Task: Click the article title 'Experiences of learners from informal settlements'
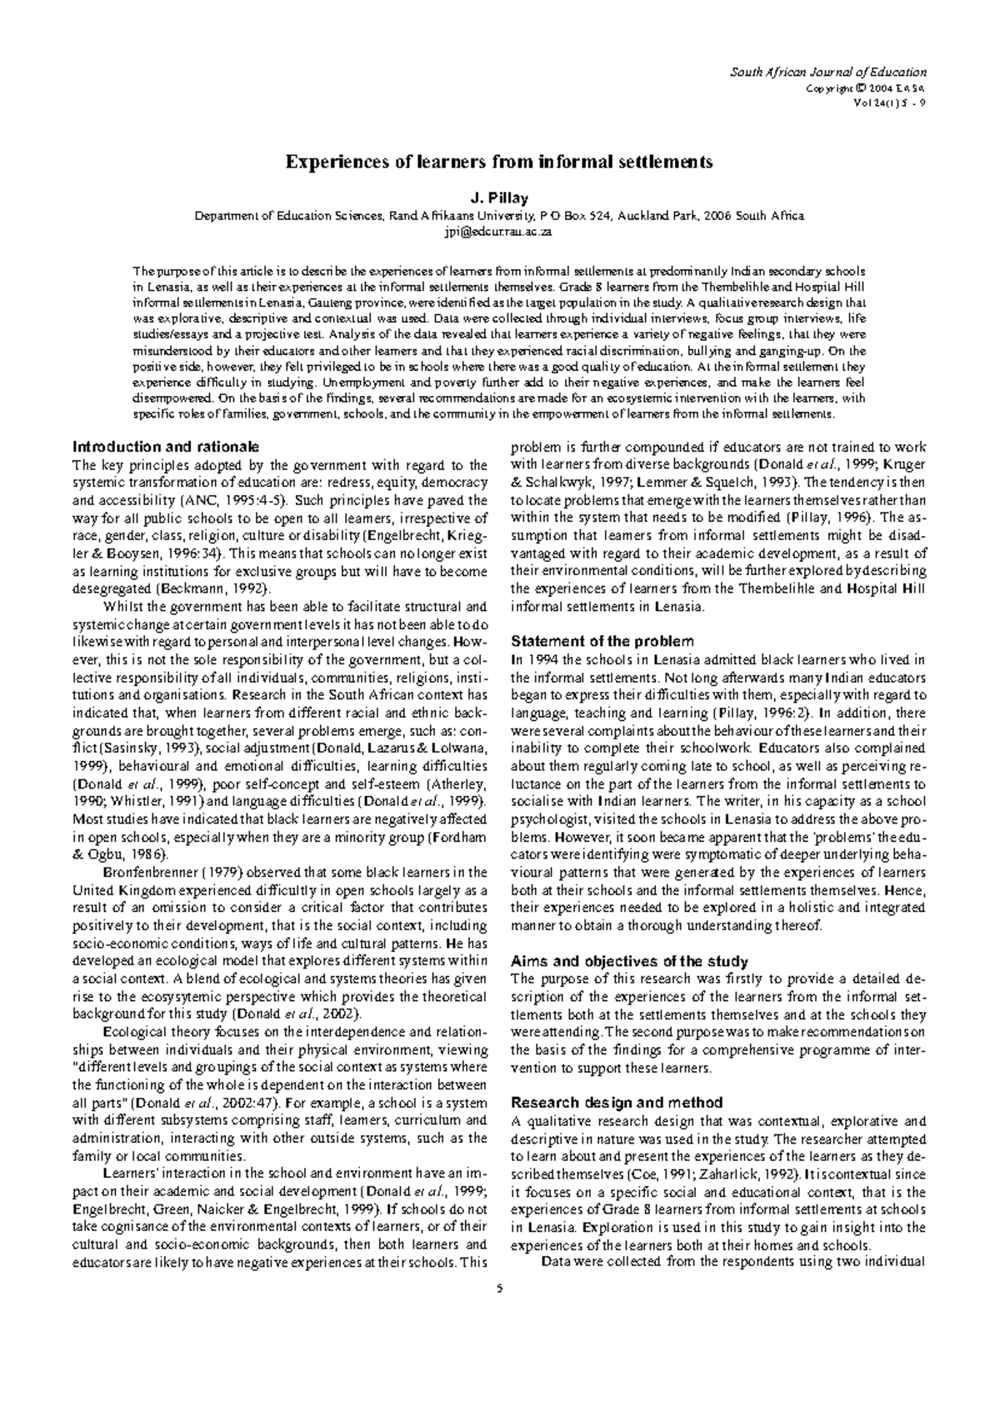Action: [x=499, y=162]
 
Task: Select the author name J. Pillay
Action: [x=499, y=198]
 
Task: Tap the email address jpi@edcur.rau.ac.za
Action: [x=499, y=233]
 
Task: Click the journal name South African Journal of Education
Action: [x=828, y=73]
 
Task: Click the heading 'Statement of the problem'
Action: [x=602, y=641]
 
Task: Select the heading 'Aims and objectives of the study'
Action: [x=628, y=960]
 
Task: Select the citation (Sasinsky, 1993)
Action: [x=142, y=748]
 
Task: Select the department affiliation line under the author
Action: [x=499, y=216]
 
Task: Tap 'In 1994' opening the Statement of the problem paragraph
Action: [x=531, y=659]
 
